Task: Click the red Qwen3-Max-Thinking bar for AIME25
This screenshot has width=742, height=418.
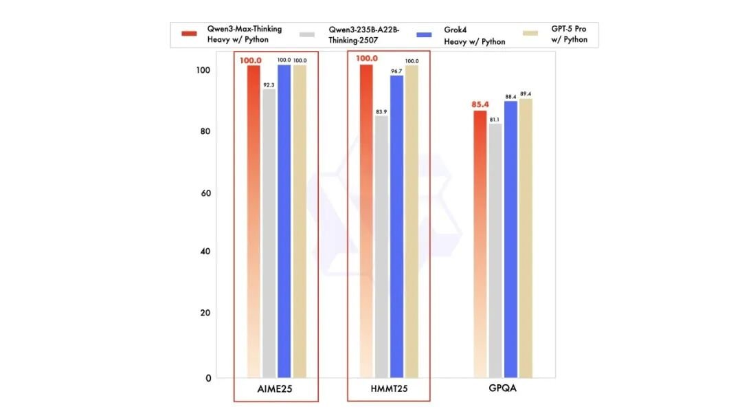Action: click(254, 220)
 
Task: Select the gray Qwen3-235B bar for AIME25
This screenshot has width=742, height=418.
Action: click(269, 234)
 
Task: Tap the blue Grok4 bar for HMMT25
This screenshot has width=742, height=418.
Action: click(396, 227)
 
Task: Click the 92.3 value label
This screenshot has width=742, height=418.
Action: click(269, 83)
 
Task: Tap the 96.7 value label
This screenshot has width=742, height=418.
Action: click(396, 70)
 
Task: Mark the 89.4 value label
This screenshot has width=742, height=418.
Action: click(526, 93)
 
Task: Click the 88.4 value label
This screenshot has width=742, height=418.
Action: click(510, 96)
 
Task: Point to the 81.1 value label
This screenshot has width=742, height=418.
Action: click(495, 119)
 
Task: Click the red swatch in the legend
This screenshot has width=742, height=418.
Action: click(190, 34)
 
